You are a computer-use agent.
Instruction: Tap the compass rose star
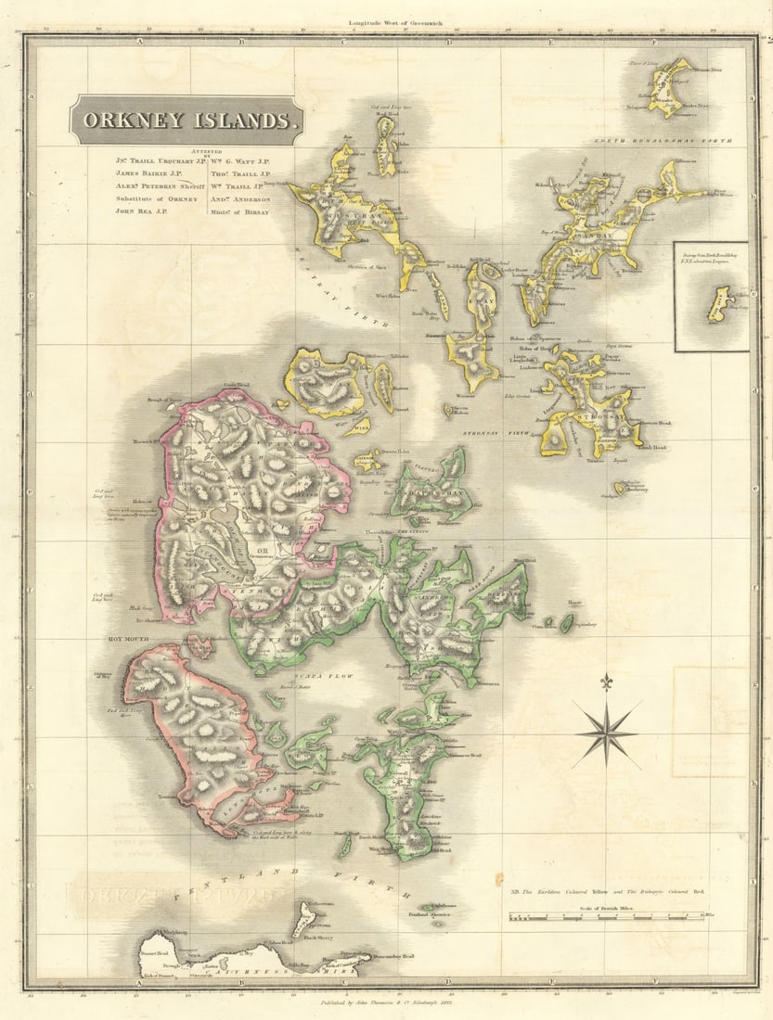click(606, 732)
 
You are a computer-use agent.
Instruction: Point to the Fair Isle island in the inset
click(719, 303)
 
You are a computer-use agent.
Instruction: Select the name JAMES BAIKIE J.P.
click(149, 172)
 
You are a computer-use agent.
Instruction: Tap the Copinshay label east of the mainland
click(585, 624)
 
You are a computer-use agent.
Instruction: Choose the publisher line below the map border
click(385, 1002)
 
